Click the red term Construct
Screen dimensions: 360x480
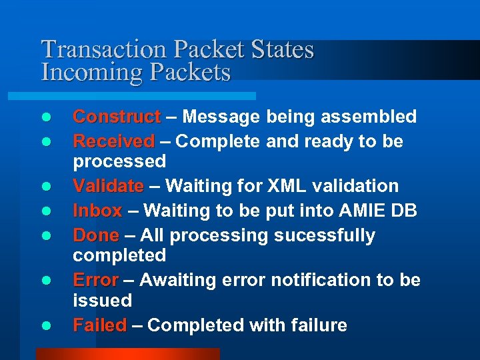pyautogui.click(x=117, y=117)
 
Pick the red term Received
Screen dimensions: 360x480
pyautogui.click(x=113, y=141)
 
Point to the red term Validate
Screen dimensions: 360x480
pyautogui.click(x=108, y=186)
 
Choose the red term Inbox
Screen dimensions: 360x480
pyautogui.click(x=97, y=211)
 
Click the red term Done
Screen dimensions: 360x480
pyautogui.click(x=96, y=235)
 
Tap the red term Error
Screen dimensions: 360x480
pyautogui.click(x=95, y=280)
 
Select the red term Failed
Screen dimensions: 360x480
pyautogui.click(x=99, y=325)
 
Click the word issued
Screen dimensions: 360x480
pyautogui.click(x=102, y=300)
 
